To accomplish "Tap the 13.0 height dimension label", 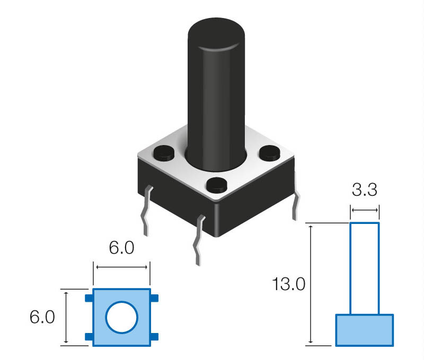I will point(289,284).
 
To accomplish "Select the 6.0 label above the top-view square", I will point(121,248).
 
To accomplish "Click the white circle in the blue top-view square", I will point(121,318).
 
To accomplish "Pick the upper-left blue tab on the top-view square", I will point(89,299).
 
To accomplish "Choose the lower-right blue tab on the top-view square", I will point(154,337).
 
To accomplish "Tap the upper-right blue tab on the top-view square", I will point(154,299).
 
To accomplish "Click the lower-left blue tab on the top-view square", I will point(89,337).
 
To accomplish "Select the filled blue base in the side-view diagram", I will point(365,330).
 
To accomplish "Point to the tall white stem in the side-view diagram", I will point(365,268).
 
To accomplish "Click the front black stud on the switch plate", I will point(216,185).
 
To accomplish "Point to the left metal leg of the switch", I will point(146,212).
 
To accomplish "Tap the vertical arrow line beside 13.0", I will point(311,284).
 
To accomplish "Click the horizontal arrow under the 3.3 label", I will point(365,211).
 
